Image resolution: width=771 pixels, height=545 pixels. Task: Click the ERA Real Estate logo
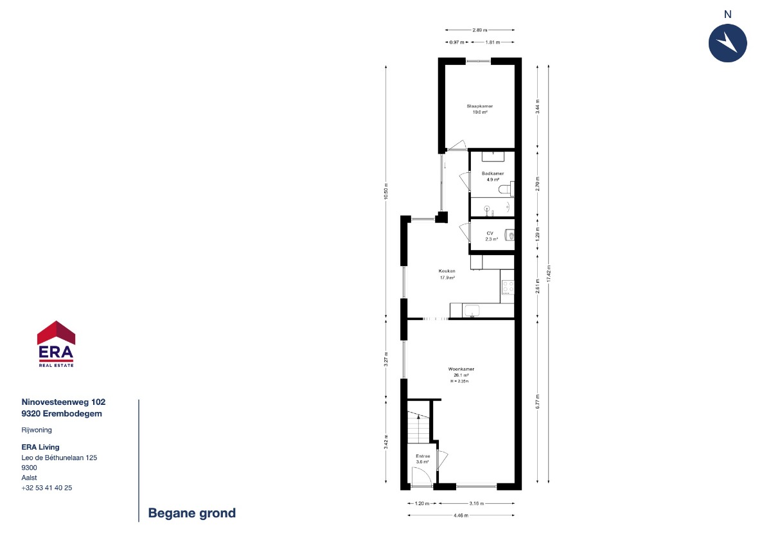[x=56, y=344]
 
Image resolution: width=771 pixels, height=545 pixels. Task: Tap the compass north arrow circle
[x=727, y=43]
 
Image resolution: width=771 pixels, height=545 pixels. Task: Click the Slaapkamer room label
[x=479, y=106]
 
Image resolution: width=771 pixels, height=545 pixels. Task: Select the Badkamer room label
[x=493, y=174]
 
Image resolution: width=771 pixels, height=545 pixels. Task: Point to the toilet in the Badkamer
[x=506, y=189]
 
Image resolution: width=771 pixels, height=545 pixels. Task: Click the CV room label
[x=490, y=233]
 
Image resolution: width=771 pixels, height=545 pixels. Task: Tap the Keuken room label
[x=447, y=271]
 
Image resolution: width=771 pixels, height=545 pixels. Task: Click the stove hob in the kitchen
[x=508, y=287]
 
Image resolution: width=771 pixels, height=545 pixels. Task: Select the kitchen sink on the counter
[x=472, y=310]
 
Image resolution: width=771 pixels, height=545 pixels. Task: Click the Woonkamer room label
[x=461, y=369]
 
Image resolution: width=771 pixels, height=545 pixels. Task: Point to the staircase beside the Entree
[x=418, y=427]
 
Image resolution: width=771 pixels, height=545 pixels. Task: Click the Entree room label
[x=423, y=456]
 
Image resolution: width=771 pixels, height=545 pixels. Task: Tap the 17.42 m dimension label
[x=549, y=273]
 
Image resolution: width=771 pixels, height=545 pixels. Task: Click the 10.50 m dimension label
[x=386, y=191]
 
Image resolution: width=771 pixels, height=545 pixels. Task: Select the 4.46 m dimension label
[x=461, y=515]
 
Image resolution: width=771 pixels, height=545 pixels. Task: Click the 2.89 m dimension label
[x=479, y=30]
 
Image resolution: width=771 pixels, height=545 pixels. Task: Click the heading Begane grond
[x=191, y=513]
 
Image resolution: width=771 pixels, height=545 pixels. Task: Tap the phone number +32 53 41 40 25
[x=47, y=488]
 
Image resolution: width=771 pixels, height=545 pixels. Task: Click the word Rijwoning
[x=37, y=430]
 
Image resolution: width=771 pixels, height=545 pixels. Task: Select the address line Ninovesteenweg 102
[x=64, y=402]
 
